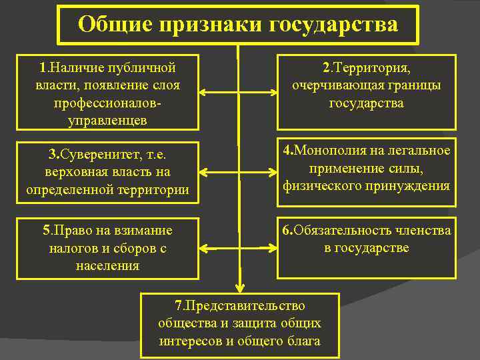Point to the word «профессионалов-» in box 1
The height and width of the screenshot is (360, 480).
tap(107, 103)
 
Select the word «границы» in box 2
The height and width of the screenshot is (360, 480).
tap(413, 86)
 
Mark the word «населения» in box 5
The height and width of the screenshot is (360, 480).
tap(107, 265)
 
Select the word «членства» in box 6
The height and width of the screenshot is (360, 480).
tap(423, 231)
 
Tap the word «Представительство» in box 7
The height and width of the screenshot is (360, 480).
tap(244, 306)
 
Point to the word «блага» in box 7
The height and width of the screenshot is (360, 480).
tap(303, 341)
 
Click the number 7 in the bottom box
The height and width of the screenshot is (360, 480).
tap(178, 306)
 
